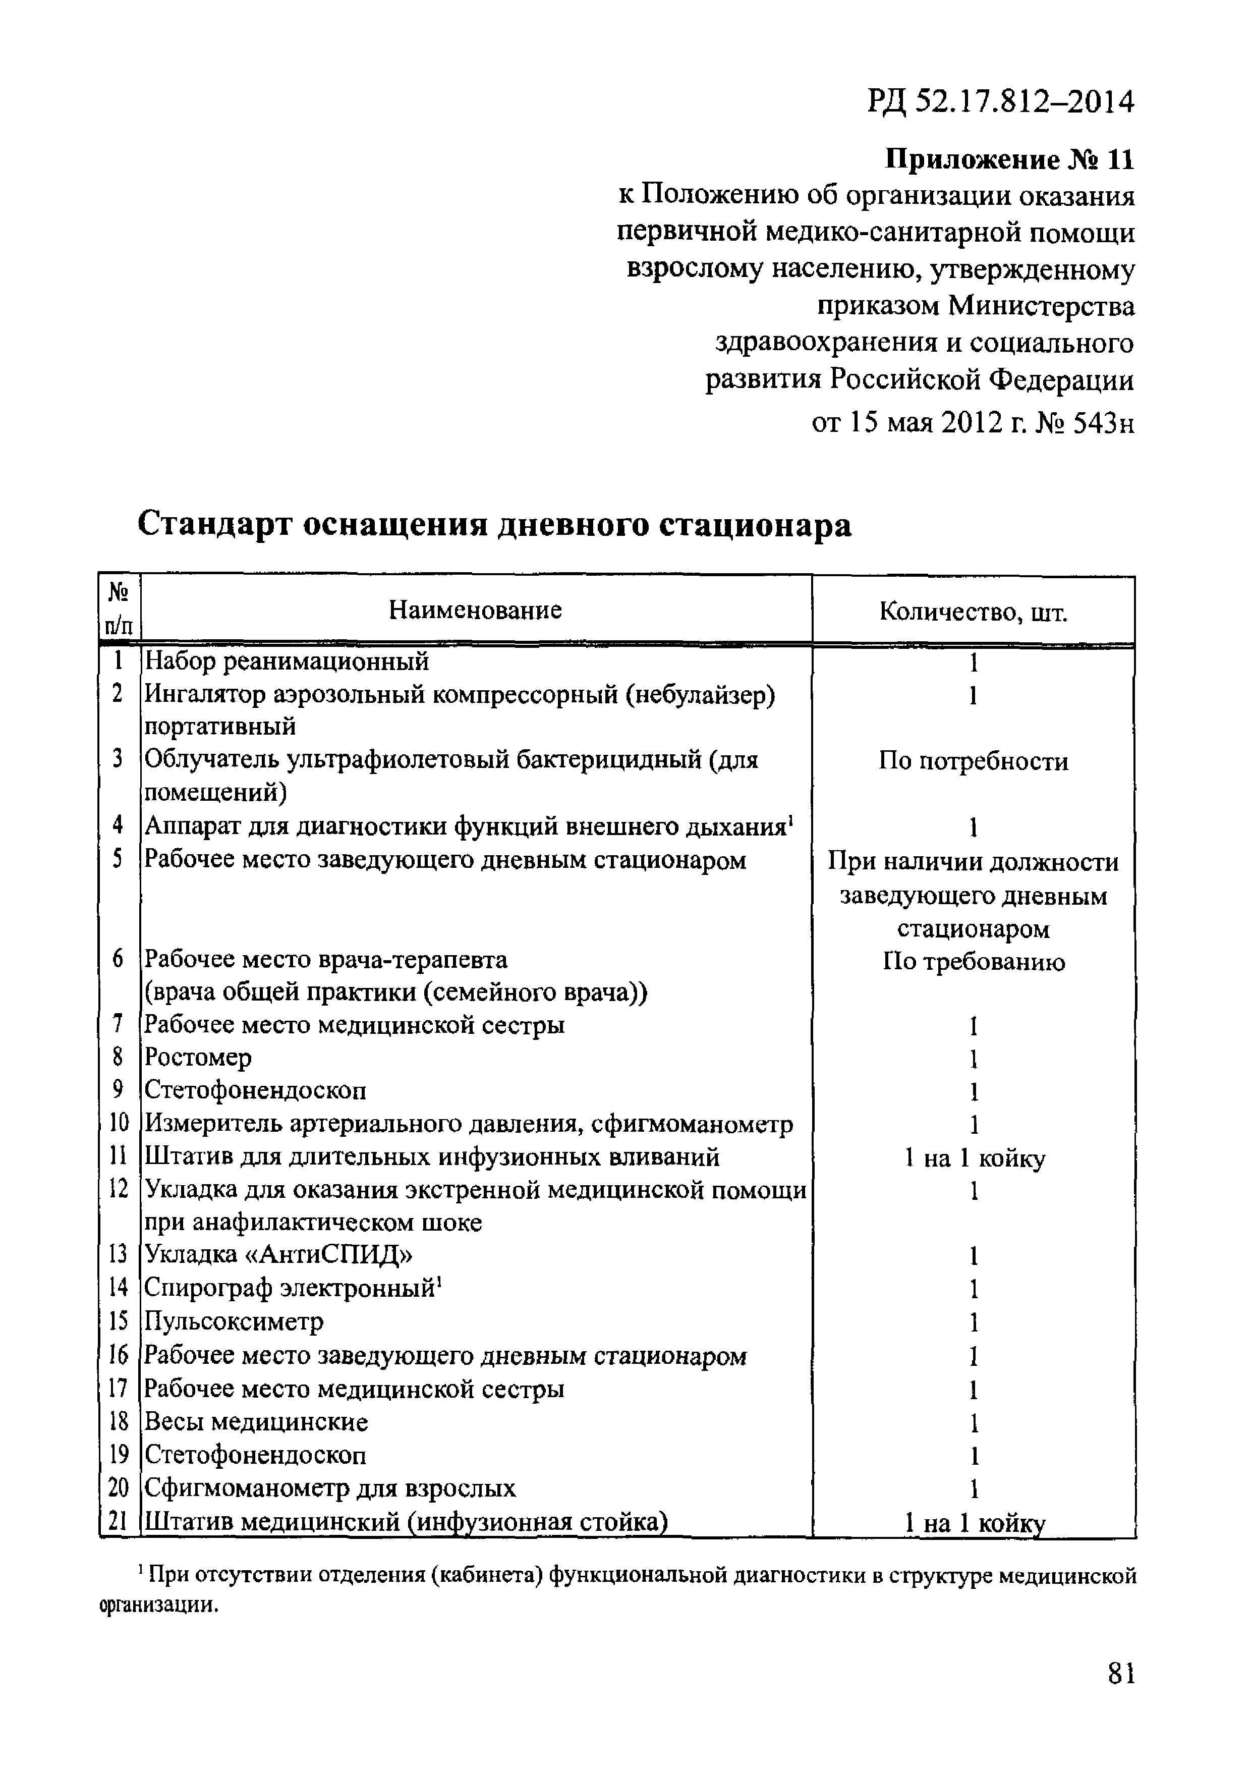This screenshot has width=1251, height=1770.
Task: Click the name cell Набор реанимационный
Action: point(287,660)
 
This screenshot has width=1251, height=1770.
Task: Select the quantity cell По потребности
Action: point(973,761)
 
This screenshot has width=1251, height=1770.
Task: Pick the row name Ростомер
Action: point(198,1057)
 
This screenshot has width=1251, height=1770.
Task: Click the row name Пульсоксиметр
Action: point(235,1321)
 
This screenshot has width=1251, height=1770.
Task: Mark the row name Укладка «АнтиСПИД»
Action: point(278,1254)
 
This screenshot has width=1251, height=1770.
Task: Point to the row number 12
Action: point(118,1189)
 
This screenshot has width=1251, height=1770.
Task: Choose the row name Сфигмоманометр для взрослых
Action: point(330,1488)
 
